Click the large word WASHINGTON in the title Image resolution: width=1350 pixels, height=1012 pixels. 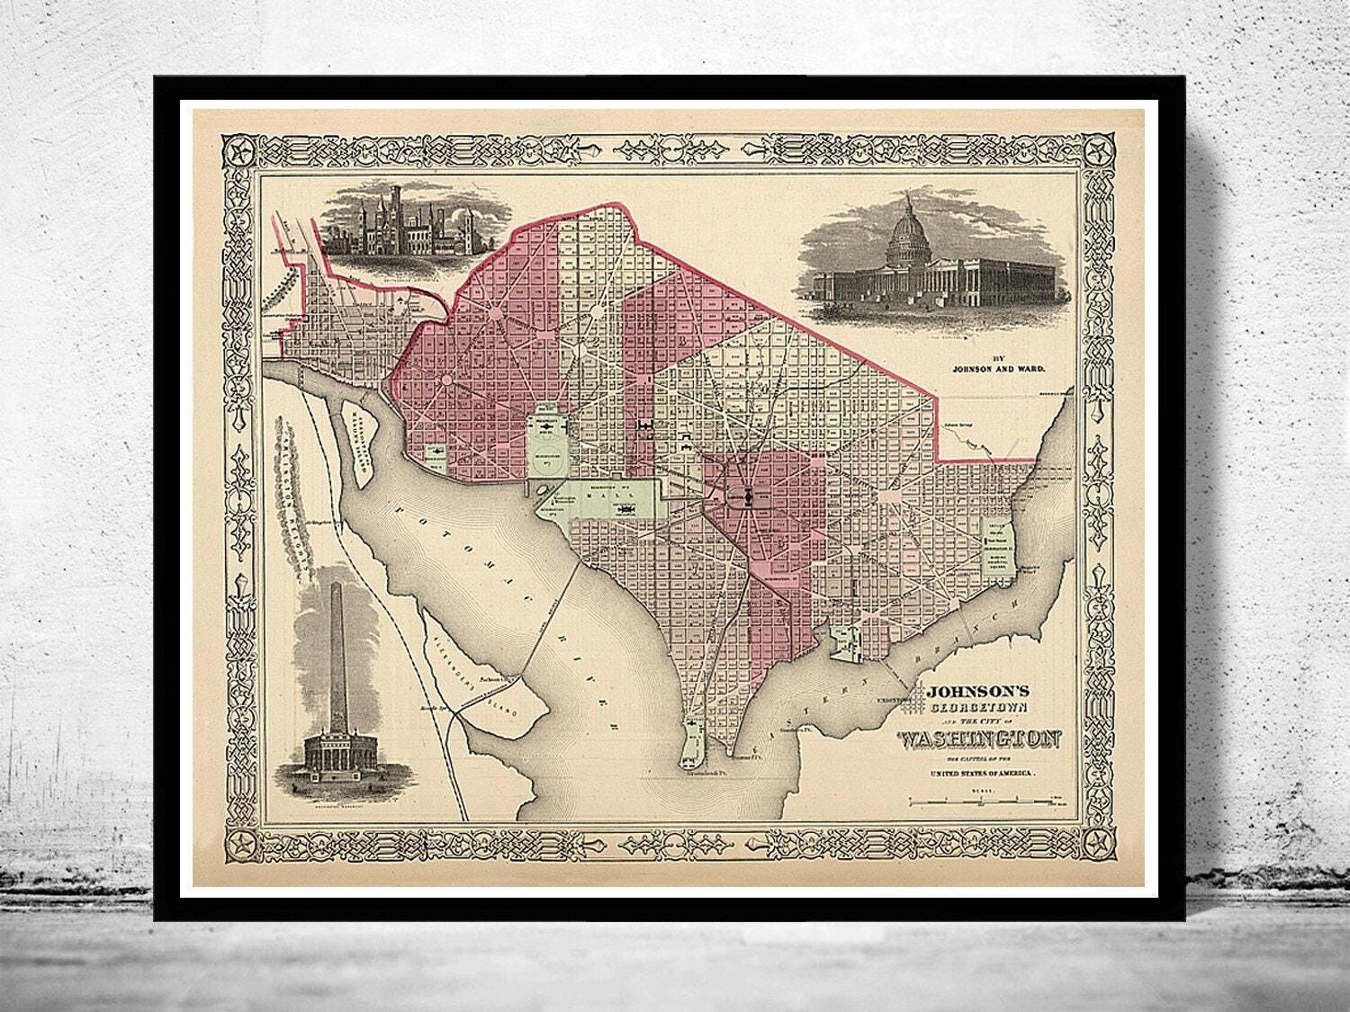click(979, 740)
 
